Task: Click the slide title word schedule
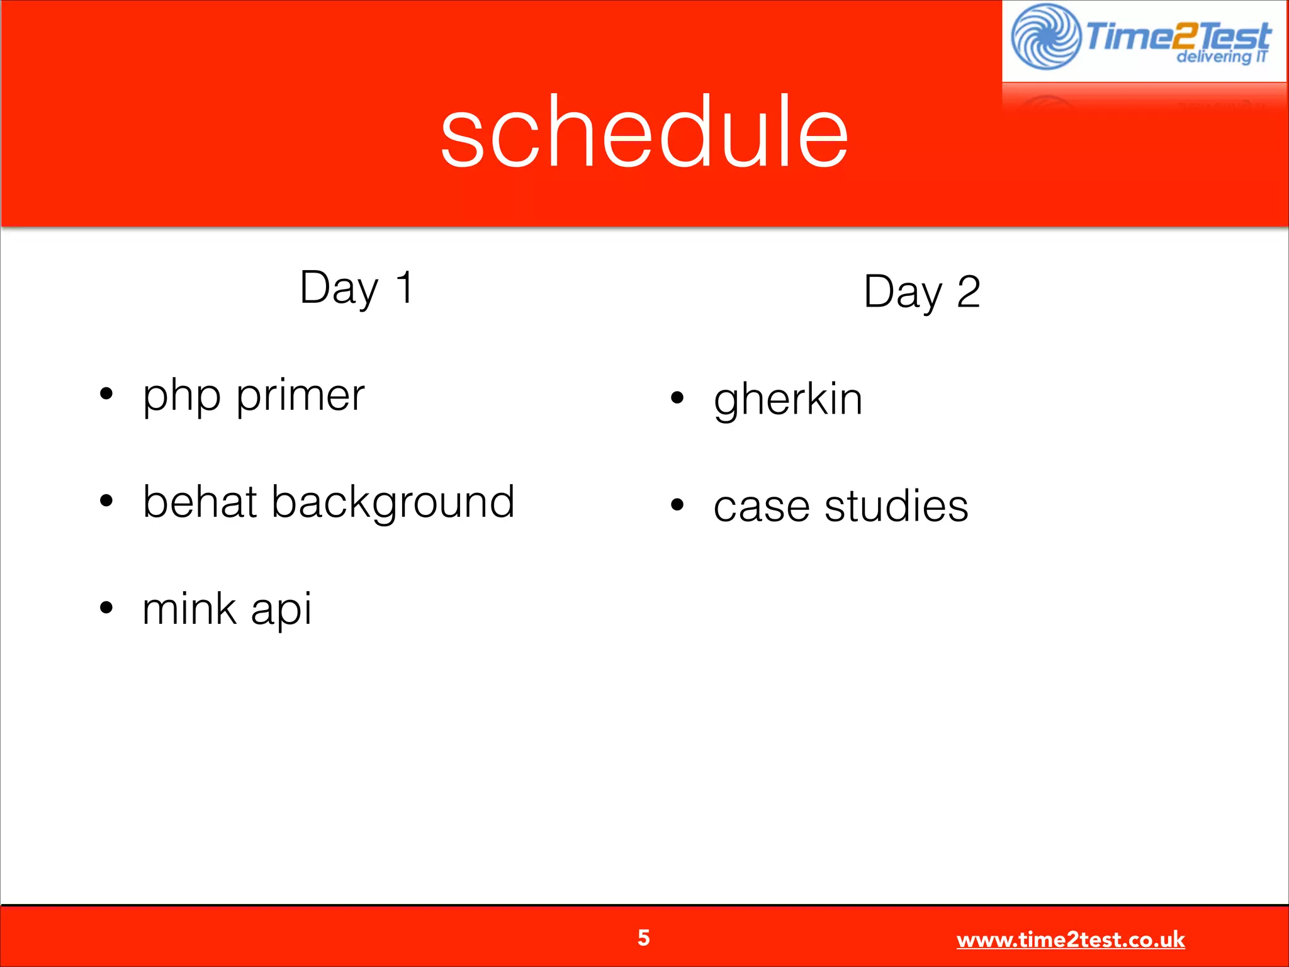pos(644,132)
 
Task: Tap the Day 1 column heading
pos(356,288)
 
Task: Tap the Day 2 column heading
pos(921,292)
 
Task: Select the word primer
pos(300,397)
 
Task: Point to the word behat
pos(200,502)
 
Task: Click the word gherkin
pos(787,400)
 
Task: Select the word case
pos(761,507)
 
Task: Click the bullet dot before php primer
pos(106,394)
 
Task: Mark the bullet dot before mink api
pos(106,608)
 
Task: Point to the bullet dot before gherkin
pos(677,398)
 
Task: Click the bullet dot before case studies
pos(677,504)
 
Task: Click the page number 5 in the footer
pos(643,938)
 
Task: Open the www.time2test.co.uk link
pos(1070,940)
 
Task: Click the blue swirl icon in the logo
pos(1045,37)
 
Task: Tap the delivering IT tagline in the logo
pos(1221,57)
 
